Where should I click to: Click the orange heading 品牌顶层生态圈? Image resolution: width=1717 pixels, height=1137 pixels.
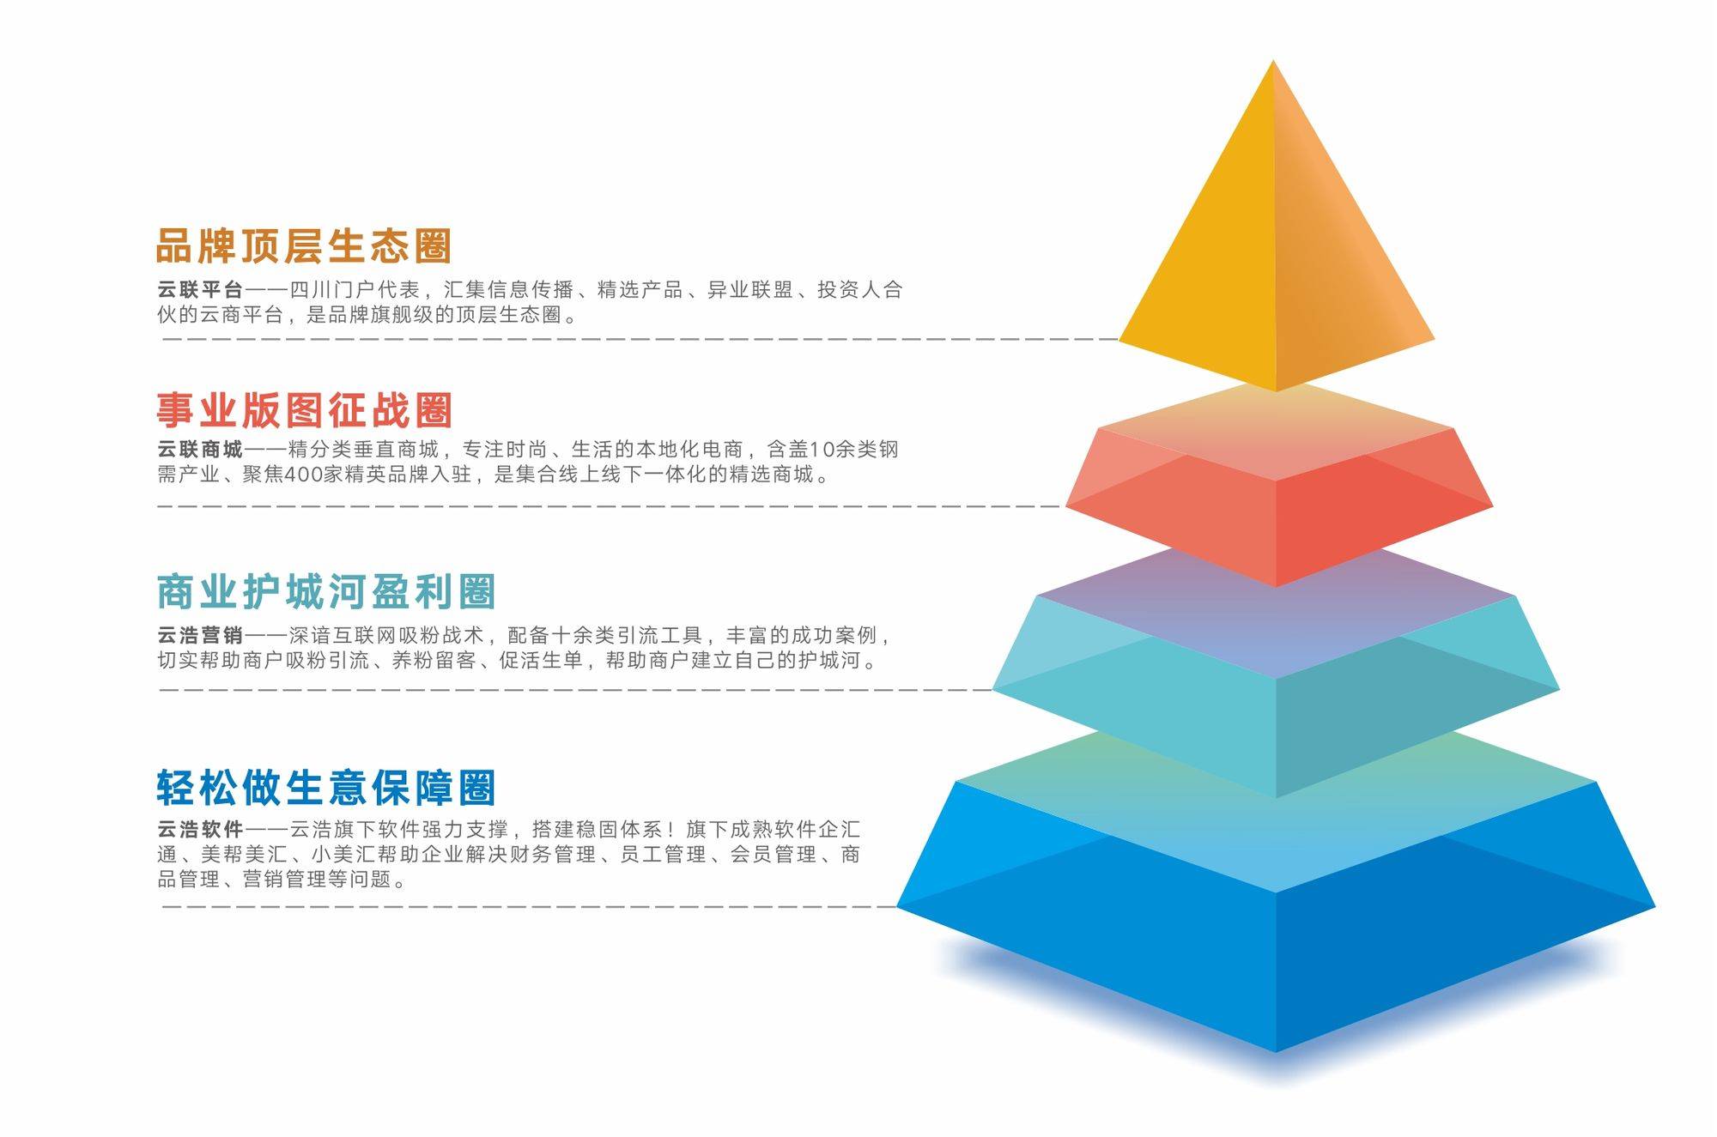pos(304,245)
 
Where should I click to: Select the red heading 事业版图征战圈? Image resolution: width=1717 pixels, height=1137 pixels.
pos(304,410)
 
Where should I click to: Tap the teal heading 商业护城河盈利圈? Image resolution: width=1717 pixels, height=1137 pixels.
pos(326,591)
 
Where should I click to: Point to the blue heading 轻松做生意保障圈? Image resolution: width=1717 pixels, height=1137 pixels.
pos(326,788)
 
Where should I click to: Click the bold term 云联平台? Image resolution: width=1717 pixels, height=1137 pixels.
pos(200,290)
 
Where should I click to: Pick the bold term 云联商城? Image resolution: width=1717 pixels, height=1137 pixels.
pos(200,449)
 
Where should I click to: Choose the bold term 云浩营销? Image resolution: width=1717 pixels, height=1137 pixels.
pos(200,635)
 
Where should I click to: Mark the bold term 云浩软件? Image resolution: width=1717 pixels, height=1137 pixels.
pos(200,830)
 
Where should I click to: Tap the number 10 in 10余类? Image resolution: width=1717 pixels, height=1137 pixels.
pos(822,449)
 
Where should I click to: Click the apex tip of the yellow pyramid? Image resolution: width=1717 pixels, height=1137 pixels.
pos(1273,60)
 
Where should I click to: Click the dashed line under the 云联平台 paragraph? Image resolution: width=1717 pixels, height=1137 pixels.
pos(640,339)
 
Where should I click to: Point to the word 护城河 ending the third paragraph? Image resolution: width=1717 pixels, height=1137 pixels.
pos(829,660)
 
